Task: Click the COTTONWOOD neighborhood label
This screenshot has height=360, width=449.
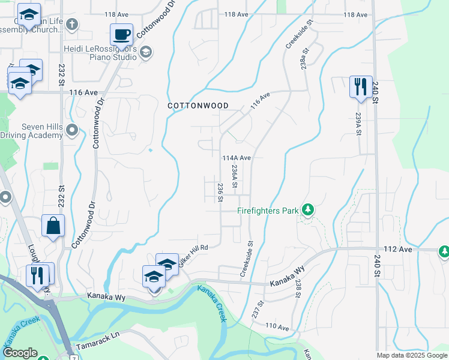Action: pos(197,106)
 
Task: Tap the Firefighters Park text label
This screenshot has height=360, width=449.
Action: pos(267,211)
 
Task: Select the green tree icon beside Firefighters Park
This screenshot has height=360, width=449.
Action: pos(308,209)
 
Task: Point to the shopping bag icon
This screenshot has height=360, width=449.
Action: pos(53,226)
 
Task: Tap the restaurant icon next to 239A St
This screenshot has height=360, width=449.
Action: pos(360,86)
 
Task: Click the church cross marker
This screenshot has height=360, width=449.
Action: pos(71,25)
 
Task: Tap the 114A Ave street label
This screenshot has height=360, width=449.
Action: pos(236,158)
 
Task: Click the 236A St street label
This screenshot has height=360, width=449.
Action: pos(235,176)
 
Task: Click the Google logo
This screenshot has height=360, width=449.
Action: pos(20,353)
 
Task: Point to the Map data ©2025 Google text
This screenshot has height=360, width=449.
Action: pos(411,355)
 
